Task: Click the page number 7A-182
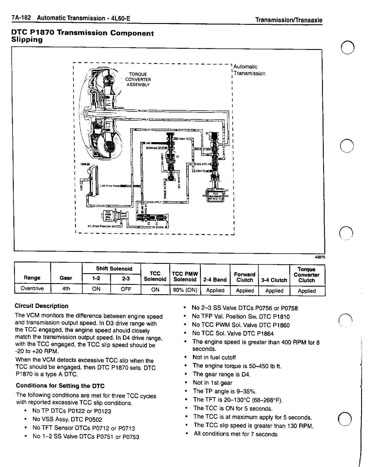21,18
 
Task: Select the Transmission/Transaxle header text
288,20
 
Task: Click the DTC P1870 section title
82,36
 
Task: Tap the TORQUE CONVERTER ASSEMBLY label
138,79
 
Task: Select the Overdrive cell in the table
32,289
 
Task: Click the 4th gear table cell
66,289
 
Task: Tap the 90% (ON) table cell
185,290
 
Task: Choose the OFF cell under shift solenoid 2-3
126,289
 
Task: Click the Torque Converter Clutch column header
307,275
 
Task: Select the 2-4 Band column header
215,280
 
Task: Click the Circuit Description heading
41,306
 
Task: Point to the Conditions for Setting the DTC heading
60,386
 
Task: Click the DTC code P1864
264,333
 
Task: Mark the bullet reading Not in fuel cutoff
214,357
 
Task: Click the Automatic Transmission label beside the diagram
249,70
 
